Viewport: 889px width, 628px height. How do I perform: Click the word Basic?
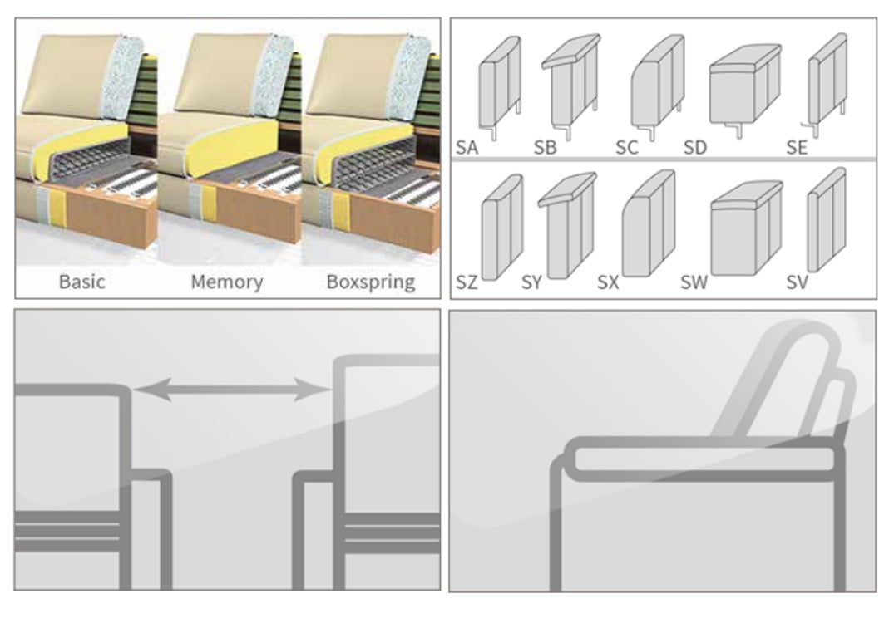[x=81, y=282]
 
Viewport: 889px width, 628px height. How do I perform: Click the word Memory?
[x=226, y=282]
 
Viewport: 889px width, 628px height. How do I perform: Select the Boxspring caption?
[x=370, y=282]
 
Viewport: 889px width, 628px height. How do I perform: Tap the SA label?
[x=467, y=148]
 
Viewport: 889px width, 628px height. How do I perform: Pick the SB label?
[x=545, y=148]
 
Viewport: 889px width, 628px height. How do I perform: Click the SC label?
[x=626, y=148]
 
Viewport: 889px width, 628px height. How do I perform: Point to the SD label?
[x=694, y=148]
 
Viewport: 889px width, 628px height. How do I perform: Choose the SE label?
[x=797, y=148]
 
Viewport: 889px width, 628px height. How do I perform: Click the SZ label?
[x=467, y=283]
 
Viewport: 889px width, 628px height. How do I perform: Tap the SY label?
[x=531, y=283]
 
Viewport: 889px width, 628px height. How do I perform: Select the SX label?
[x=608, y=283]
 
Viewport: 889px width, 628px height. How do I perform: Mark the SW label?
[x=694, y=283]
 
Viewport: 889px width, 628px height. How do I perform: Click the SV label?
[x=797, y=283]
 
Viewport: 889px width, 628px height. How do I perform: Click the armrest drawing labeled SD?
[x=744, y=87]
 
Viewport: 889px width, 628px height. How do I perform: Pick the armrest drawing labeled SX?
[x=648, y=224]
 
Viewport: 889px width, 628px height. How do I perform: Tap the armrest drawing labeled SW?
[x=746, y=228]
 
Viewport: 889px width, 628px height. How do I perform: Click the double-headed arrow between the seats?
[x=232, y=389]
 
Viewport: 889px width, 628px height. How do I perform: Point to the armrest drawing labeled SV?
[x=825, y=220]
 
